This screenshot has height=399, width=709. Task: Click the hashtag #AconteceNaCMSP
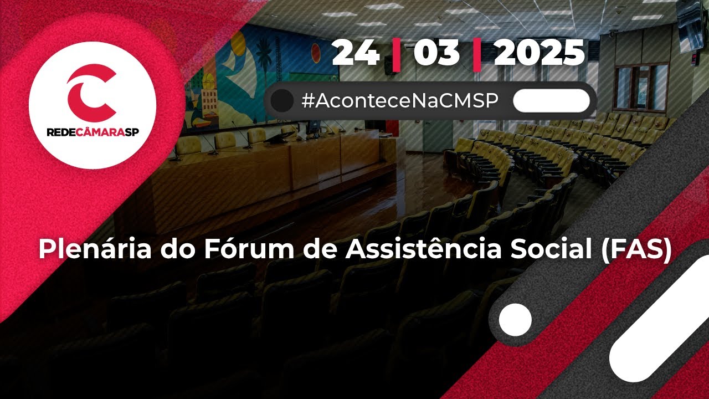coord(399,101)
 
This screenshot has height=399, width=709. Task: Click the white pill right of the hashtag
coord(551,101)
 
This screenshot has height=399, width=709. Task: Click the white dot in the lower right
coord(515,320)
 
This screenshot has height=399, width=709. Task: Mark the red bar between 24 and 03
coord(396,54)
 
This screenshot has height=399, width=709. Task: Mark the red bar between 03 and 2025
coord(476,54)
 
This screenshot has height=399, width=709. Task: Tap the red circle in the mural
coord(316,53)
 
